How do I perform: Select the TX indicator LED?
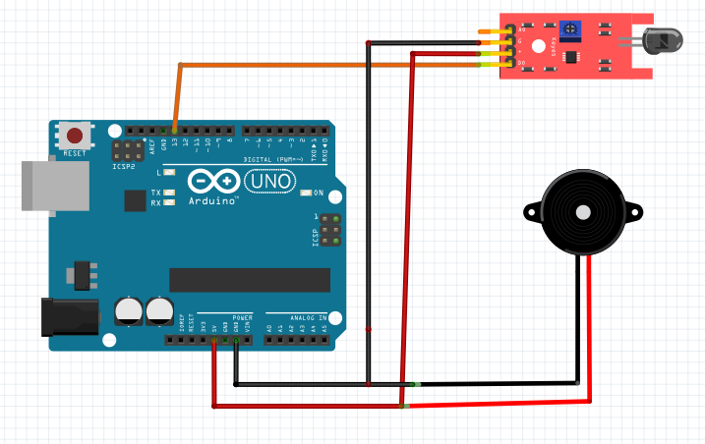point(170,193)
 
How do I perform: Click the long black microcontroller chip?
point(249,280)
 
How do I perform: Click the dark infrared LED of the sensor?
point(664,41)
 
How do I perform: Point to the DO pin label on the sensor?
point(520,65)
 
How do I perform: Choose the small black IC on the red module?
point(570,58)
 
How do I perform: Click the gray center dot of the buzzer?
point(582,210)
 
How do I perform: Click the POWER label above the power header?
point(242,318)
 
